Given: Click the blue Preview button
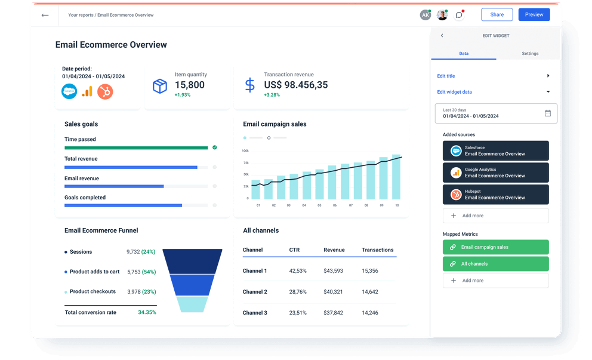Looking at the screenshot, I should tap(534, 15).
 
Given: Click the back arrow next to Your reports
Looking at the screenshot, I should tap(45, 15).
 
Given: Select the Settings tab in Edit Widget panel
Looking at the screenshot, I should tap(529, 54).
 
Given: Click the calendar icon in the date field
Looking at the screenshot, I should tap(547, 113).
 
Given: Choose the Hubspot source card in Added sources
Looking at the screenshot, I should tap(495, 195).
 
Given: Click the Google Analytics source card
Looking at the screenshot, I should tap(495, 173).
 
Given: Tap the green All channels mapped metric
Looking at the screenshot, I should tap(495, 264).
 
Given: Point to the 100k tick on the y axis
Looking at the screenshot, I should tap(245, 151).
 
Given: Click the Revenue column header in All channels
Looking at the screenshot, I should tap(334, 250).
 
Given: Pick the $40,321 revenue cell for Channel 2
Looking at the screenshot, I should tap(333, 292).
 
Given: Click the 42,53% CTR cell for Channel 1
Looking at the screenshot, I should tap(298, 271).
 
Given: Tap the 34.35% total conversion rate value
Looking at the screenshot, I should tap(147, 312).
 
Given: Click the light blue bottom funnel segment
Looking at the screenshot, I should tap(192, 304).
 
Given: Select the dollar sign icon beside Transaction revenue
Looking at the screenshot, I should tap(249, 85).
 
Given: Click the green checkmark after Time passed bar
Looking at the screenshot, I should tap(214, 147).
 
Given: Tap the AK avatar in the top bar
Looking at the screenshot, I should tap(425, 15).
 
